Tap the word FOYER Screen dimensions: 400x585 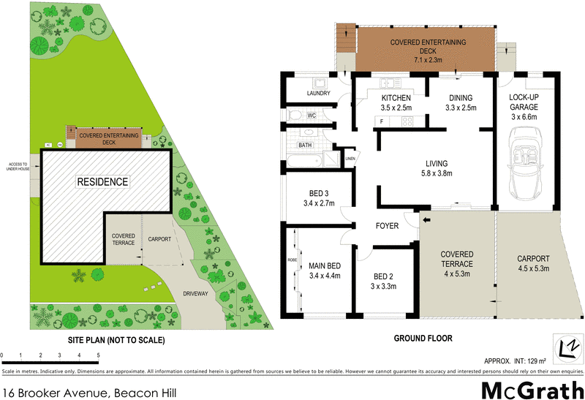[x=387, y=226]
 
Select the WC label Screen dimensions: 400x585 [x=312, y=116]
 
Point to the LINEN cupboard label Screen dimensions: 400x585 [x=350, y=158]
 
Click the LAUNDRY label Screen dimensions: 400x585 [x=319, y=94]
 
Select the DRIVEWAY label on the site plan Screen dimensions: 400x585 [x=196, y=293]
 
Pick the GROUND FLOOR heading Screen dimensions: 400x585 [x=423, y=338]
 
